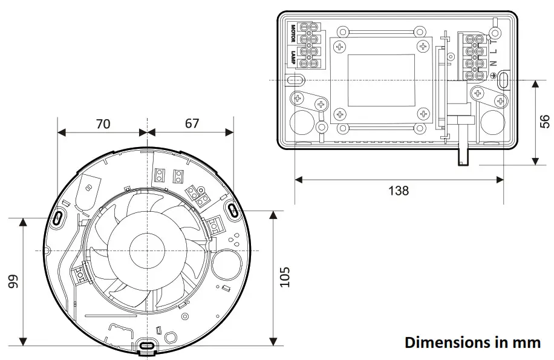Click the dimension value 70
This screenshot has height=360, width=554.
coord(103,123)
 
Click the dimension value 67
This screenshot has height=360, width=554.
coord(191,123)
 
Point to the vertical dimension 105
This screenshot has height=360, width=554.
coord(285,277)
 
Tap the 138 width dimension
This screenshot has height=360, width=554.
coord(398,191)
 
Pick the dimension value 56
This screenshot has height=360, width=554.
coord(545,122)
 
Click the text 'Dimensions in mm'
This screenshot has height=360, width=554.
coord(472,342)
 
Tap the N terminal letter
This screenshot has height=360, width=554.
coord(494,63)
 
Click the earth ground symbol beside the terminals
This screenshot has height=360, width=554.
coord(495,74)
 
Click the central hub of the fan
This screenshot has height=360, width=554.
coord(147,249)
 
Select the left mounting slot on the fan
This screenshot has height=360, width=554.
coord(59,218)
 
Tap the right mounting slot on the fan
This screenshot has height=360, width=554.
coord(233,209)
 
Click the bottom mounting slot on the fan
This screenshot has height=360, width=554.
coord(147,346)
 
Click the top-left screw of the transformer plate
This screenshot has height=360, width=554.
coord(340,47)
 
